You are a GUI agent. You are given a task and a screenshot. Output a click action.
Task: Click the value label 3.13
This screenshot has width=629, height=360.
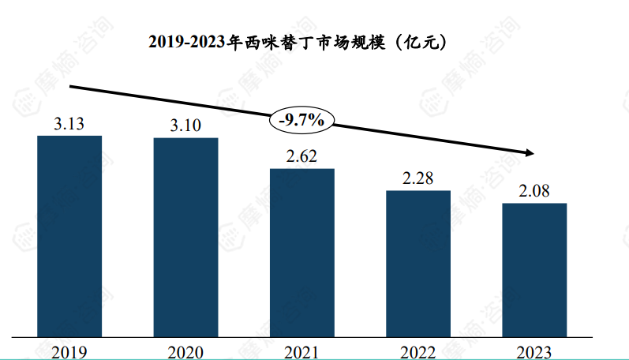pyautogui.click(x=69, y=124)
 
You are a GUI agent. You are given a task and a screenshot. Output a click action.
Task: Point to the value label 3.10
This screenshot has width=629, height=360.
pyautogui.click(x=185, y=126)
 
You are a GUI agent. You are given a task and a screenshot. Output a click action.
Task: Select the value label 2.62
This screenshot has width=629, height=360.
pyautogui.click(x=301, y=156)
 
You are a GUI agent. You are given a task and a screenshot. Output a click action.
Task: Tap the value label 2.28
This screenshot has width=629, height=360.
pyautogui.click(x=417, y=178)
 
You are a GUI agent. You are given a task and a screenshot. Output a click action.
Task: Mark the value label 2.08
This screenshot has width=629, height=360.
pyautogui.click(x=534, y=190)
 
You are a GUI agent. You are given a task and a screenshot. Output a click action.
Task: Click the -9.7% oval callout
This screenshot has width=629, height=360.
pyautogui.click(x=302, y=120)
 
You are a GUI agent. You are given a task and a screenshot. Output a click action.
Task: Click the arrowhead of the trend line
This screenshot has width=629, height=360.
pyautogui.click(x=530, y=152)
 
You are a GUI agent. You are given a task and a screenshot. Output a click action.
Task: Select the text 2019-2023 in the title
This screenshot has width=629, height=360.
pyautogui.click(x=187, y=43)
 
